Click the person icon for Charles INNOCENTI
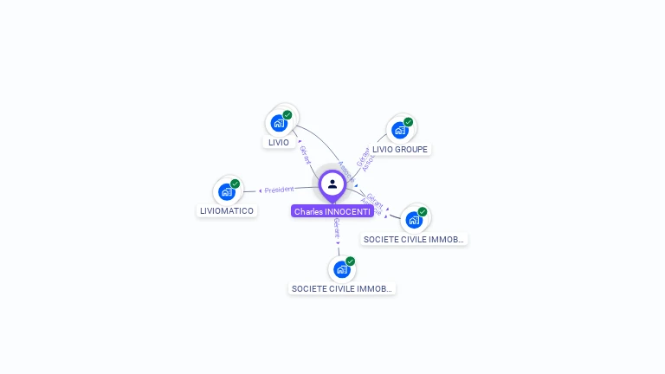(332, 184)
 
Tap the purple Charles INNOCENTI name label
(332, 211)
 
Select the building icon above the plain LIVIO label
(278, 123)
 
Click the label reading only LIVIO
(279, 142)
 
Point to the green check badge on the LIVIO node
(287, 114)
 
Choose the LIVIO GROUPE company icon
(399, 130)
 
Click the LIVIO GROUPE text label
(400, 149)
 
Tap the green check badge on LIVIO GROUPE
(409, 121)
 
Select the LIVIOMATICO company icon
(227, 191)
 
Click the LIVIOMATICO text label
(227, 210)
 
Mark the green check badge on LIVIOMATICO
(236, 183)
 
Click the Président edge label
(279, 190)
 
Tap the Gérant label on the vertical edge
(336, 229)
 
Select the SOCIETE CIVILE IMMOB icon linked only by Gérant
(341, 269)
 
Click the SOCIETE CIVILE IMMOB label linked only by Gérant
(341, 288)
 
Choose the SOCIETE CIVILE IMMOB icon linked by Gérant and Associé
(414, 220)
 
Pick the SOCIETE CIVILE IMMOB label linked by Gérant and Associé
(414, 239)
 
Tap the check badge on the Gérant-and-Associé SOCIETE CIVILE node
(423, 211)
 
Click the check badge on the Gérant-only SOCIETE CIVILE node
(351, 261)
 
